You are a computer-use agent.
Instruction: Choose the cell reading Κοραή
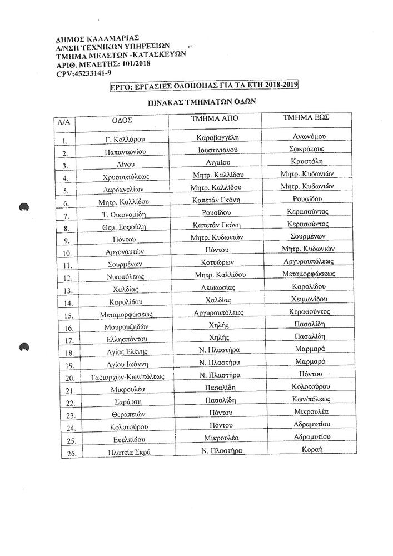(x=312, y=450)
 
